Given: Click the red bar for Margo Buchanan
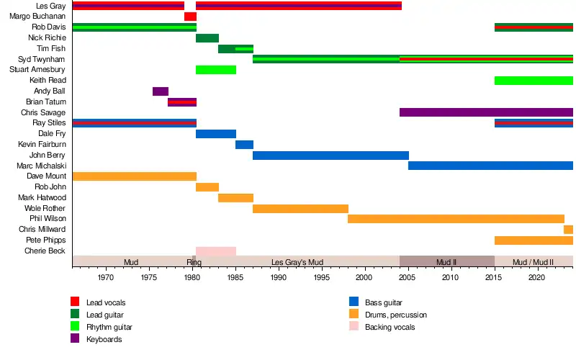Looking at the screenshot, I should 190,17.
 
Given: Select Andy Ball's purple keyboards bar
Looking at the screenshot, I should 161,91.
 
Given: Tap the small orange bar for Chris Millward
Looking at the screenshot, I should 568,230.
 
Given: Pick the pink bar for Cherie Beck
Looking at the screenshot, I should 216,251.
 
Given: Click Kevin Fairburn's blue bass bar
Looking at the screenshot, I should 244,145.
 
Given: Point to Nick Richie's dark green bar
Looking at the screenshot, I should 207,38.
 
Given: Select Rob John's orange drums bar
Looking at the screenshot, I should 207,187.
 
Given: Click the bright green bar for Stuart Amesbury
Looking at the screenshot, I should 216,70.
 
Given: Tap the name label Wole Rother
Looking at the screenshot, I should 45,209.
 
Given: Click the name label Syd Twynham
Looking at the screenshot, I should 42,59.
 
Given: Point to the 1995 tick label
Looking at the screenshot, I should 322,277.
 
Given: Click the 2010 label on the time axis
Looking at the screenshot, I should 451,277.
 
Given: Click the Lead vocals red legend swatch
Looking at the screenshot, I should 75,302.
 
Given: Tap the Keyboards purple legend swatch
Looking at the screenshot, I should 75,339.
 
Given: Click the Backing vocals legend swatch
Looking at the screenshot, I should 353,327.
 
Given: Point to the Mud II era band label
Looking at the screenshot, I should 446,262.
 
